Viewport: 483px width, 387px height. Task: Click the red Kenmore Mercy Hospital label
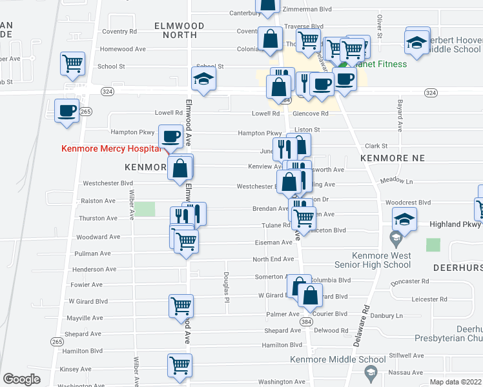point(110,148)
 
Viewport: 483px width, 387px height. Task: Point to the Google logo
point(21,379)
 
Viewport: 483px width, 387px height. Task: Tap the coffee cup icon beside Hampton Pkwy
point(171,136)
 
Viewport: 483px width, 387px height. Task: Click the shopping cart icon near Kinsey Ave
point(180,365)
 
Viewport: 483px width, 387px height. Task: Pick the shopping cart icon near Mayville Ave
point(181,305)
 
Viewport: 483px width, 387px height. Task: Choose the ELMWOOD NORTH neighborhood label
point(180,30)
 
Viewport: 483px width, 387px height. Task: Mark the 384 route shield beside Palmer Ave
point(306,321)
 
